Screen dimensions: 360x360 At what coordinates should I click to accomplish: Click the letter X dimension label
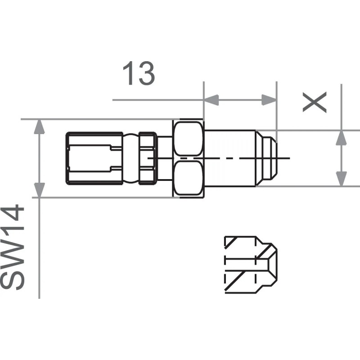(x=314, y=103)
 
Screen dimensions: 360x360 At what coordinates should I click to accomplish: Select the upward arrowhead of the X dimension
(x=342, y=138)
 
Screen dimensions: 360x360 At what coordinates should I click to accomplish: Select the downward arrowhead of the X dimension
(x=342, y=178)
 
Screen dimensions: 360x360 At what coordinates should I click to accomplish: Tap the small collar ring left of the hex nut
(x=147, y=158)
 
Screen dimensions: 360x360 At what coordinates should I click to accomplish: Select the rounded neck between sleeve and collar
(x=131, y=158)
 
